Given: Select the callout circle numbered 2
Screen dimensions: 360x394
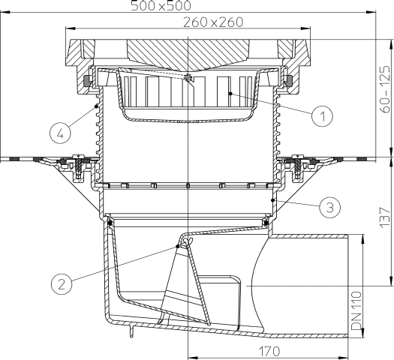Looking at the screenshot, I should pyautogui.click(x=63, y=283).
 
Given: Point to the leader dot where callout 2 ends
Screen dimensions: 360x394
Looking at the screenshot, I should pyautogui.click(x=178, y=245).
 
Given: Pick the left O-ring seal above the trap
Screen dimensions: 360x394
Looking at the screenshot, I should pyautogui.click(x=110, y=222).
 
